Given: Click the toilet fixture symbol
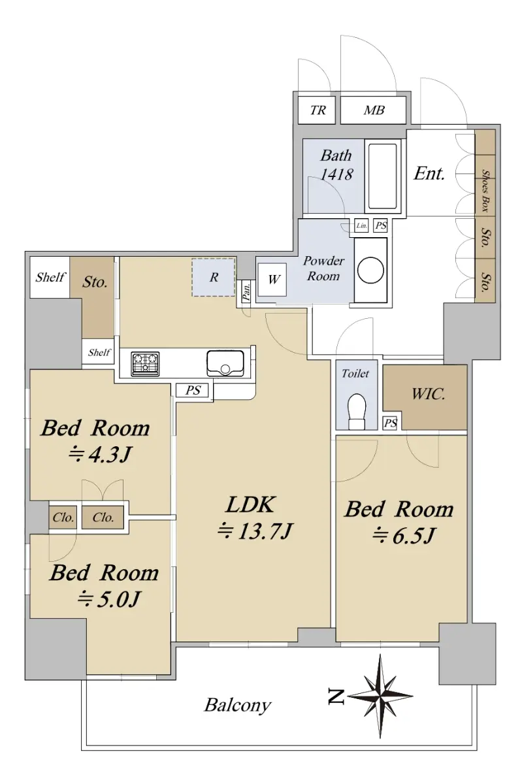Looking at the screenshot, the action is [x=357, y=411].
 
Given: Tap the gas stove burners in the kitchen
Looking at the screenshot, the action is [x=145, y=364].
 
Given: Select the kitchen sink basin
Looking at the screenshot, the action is [x=225, y=363].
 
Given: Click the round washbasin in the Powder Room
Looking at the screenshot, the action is [x=370, y=270].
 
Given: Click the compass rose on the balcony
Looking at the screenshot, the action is [x=381, y=696].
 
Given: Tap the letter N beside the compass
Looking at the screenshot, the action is [x=336, y=696].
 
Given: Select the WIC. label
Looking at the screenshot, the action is [x=428, y=394].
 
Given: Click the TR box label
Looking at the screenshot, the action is [x=318, y=110].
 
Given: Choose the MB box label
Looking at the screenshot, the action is [x=374, y=110].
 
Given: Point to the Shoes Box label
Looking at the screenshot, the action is [x=485, y=190].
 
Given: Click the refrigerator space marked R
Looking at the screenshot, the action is [x=213, y=278].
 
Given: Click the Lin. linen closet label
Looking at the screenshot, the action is [x=362, y=226].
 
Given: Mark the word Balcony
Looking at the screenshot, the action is [x=238, y=705].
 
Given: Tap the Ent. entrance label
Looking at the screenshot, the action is [x=429, y=173].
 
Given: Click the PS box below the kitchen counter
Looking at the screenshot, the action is [x=193, y=390].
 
